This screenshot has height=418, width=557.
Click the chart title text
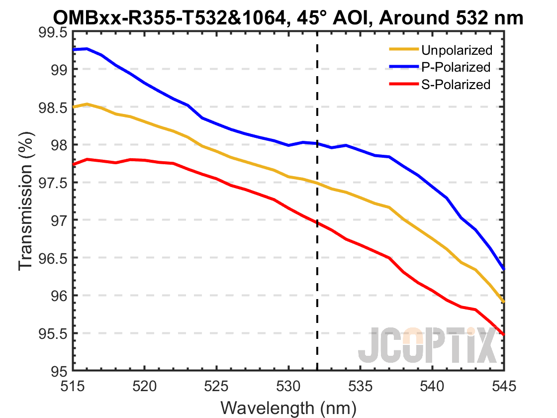tap(287, 18)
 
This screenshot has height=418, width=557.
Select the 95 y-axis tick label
tap(59, 372)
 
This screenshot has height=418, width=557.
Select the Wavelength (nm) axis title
tap(288, 408)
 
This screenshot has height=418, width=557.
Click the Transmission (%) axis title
tap(26, 202)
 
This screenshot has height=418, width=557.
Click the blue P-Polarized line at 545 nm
tap(504, 269)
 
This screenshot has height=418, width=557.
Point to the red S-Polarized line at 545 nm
tap(504, 334)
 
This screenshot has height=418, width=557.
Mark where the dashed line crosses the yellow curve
tap(317, 183)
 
